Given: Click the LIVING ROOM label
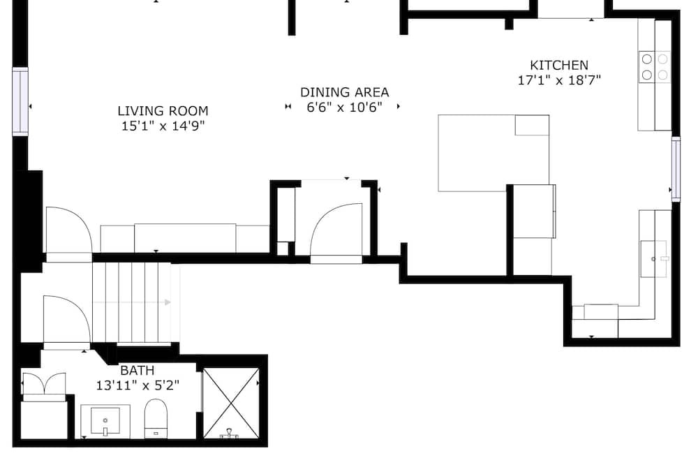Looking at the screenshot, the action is pos(163,110).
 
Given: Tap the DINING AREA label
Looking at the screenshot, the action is pos(345,92).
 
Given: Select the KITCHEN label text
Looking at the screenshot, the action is pos(559,65).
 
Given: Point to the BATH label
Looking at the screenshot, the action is pos(138,370).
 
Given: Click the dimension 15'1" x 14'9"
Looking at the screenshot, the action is pos(163,126).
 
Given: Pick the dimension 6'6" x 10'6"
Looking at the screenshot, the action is pos(345,108).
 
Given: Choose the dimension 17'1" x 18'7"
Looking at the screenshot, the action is pos(559,80).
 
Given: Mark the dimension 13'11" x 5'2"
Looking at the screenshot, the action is pos(138,385).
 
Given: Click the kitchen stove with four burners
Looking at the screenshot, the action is pos(655,67).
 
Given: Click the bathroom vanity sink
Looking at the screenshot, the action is pos(105,421).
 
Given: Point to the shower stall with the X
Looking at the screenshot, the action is pos(231,403).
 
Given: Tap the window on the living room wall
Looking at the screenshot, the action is pos(20,101).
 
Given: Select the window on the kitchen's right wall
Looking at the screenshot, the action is pos(676,169).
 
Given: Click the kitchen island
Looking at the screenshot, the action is pos(493,153).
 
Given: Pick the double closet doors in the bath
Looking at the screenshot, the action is pos(43,385).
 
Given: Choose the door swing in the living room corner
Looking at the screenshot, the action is pos(69,230).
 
